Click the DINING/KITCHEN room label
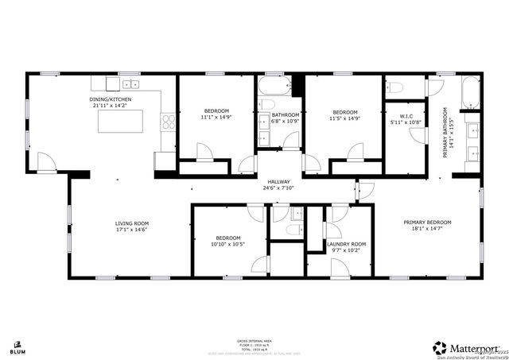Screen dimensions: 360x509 [x=111, y=99]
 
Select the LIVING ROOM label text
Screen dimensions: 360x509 [x=132, y=223]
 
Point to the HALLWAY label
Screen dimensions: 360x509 [x=278, y=182]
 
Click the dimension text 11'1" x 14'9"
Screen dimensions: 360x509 [x=216, y=118]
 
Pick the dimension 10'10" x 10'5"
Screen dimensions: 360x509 [x=228, y=244]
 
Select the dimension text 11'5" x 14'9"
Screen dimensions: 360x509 [x=344, y=118]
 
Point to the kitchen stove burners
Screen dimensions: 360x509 [x=168, y=122]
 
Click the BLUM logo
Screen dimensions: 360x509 [x=17, y=346]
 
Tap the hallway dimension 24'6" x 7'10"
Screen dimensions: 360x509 [x=278, y=188]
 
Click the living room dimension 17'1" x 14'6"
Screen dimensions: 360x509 [x=132, y=230]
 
